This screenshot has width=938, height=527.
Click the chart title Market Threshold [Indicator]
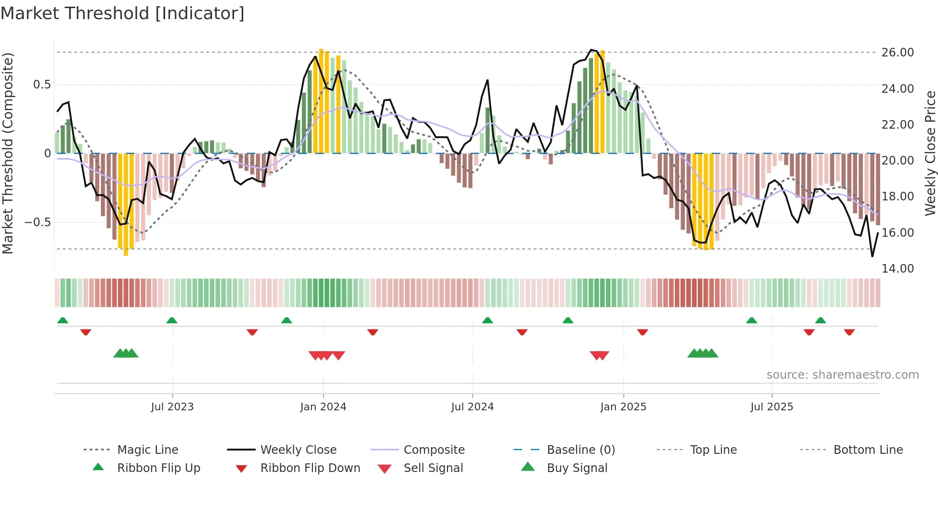pos(123,13)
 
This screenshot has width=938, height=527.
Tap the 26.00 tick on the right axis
pos(897,53)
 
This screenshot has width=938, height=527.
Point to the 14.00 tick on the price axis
pos(897,269)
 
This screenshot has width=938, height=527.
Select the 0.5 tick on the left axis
pos(42,85)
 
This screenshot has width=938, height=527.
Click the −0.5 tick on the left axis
pos(38,222)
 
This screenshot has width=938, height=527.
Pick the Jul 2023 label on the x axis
pos(172,407)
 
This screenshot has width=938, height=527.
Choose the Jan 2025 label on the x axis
pos(623,407)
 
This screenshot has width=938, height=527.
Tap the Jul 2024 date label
pos(472,407)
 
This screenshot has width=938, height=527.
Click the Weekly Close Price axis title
pos(930,153)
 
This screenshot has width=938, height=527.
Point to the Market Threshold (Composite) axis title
pos(8,153)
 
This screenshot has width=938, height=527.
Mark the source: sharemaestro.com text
pos(842,375)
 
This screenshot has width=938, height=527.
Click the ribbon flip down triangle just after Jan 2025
pos(643,332)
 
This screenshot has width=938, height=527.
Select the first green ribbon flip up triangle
pos(63,320)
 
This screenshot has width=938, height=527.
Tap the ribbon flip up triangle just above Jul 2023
pos(172,320)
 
